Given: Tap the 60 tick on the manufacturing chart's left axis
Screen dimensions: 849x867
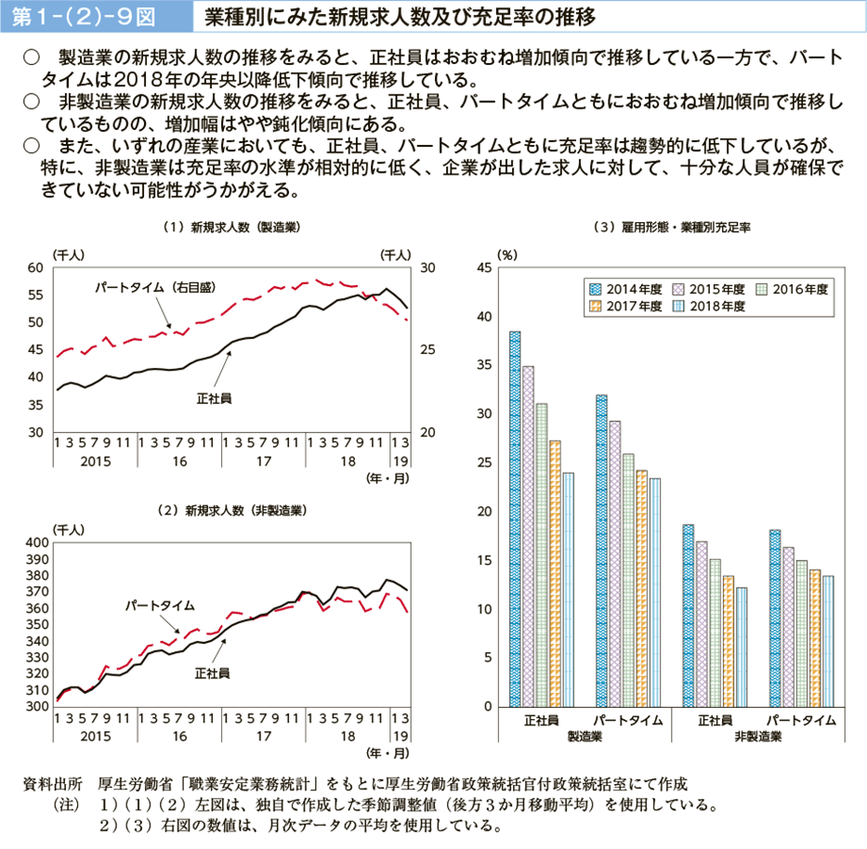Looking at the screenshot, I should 36,268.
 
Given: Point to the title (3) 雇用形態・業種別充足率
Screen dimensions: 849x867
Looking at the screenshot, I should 677,227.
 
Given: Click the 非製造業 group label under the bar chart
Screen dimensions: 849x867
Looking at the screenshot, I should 757,737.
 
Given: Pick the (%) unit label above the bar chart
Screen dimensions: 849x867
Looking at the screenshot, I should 506,254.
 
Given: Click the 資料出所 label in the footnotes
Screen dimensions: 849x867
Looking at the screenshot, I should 52,783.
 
